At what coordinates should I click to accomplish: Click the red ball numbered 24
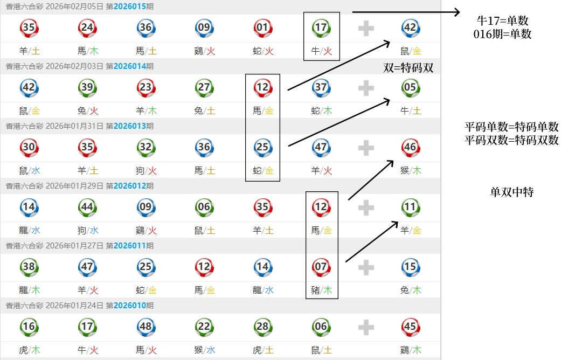tap(87, 27)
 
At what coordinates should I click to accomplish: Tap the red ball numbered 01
tap(262, 27)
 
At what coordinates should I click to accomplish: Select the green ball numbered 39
tap(87, 87)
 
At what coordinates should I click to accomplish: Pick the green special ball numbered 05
tap(410, 87)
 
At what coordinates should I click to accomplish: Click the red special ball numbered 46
tap(410, 147)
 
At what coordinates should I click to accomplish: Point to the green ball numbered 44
tap(87, 207)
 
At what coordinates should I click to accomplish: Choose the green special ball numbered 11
tap(410, 207)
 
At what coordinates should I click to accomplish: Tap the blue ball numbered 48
tap(146, 327)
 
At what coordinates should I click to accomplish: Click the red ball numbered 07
tap(321, 267)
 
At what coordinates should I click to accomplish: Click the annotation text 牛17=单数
tap(502, 21)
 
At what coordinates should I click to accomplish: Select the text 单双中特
tap(511, 192)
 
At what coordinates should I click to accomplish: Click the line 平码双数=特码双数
tap(511, 140)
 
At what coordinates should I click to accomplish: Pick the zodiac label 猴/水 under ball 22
tap(204, 350)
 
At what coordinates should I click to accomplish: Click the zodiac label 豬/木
tap(321, 290)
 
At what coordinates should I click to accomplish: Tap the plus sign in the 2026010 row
tap(366, 327)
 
